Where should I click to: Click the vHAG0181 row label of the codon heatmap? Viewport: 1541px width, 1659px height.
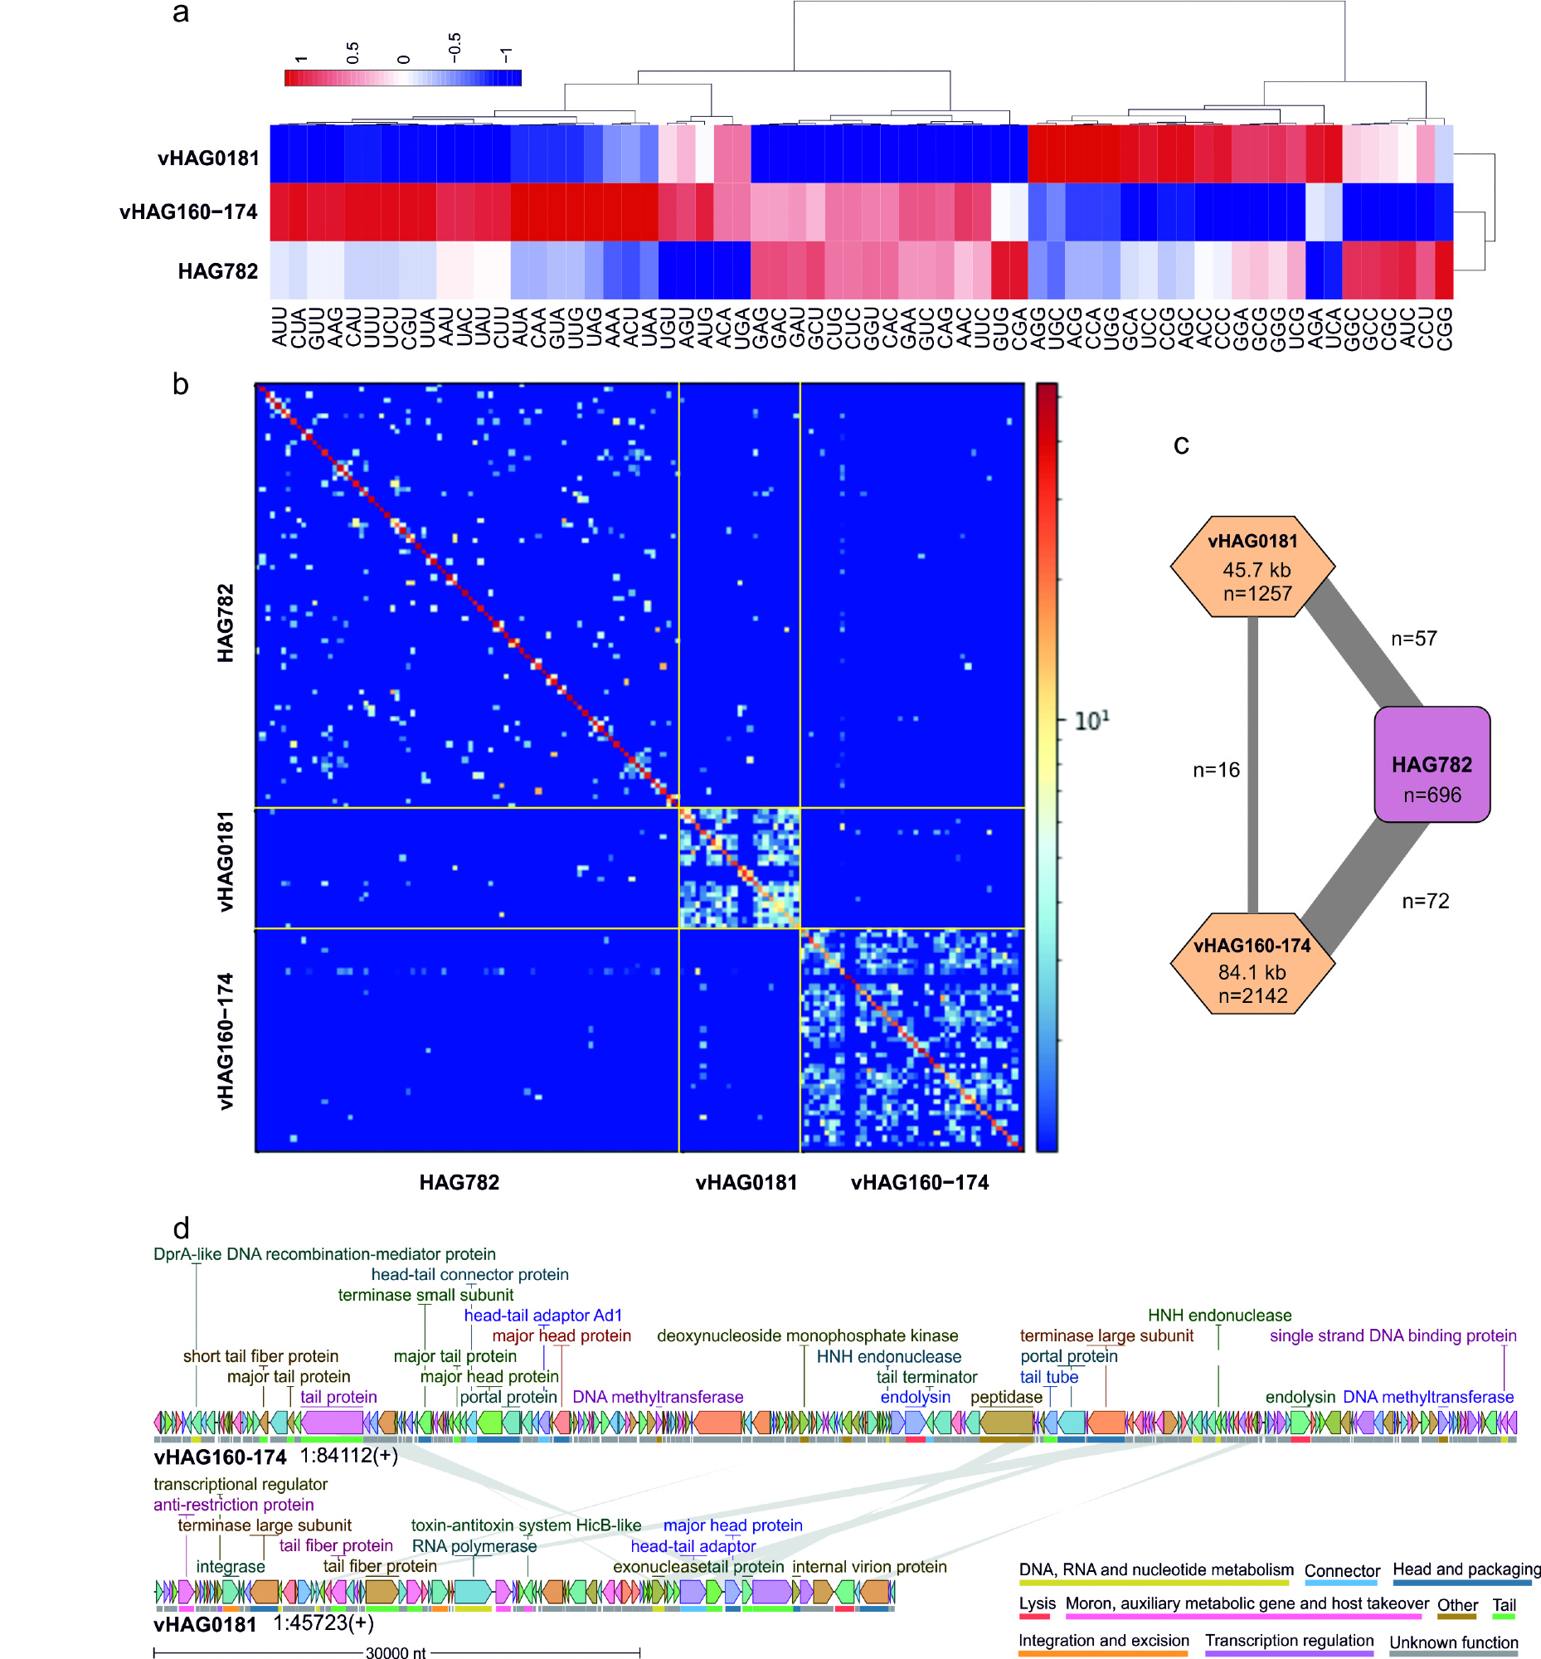tap(207, 158)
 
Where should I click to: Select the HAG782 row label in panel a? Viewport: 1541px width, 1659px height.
tap(217, 271)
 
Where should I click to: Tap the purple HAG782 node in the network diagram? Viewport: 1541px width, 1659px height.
tap(1431, 764)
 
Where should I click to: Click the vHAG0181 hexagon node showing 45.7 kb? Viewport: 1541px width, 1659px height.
tap(1252, 567)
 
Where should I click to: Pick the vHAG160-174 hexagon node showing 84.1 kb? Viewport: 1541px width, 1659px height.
tap(1252, 962)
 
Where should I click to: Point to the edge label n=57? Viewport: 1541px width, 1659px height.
tap(1413, 638)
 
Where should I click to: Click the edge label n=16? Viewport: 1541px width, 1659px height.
tap(1216, 769)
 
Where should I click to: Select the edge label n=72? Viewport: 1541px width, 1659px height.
tap(1425, 901)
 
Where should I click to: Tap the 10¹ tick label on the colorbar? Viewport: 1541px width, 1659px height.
tap(1091, 720)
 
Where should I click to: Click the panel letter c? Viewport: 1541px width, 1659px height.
tap(1181, 445)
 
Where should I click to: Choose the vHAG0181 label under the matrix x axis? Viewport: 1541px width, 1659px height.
tap(746, 1182)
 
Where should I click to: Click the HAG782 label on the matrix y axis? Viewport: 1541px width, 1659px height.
tap(225, 622)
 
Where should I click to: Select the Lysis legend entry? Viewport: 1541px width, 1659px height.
tap(1037, 1603)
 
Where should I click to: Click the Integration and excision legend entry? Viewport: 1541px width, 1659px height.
tap(1103, 1640)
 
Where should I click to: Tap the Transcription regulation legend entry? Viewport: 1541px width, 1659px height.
tap(1288, 1640)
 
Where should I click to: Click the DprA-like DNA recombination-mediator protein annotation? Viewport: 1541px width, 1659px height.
tap(324, 1253)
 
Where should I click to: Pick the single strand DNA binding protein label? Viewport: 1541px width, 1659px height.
tap(1393, 1335)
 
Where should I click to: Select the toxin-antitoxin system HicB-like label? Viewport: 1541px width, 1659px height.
tap(525, 1525)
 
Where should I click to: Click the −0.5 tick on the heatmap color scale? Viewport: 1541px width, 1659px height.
tap(454, 47)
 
